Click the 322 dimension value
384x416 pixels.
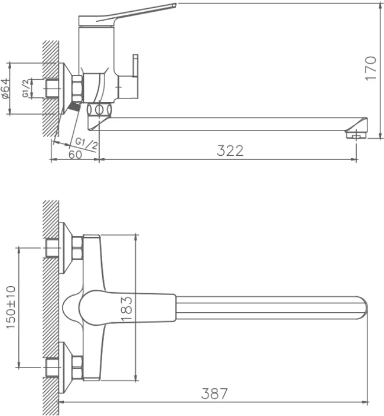[230, 150]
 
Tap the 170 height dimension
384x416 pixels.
[371, 68]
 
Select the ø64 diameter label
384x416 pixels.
[6, 89]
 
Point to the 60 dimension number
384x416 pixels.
[75, 155]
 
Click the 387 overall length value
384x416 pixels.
[214, 394]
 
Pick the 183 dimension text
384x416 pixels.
[127, 309]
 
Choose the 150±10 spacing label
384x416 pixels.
[11, 307]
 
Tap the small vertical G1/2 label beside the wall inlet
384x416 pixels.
[25, 89]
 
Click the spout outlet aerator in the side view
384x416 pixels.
[357, 135]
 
